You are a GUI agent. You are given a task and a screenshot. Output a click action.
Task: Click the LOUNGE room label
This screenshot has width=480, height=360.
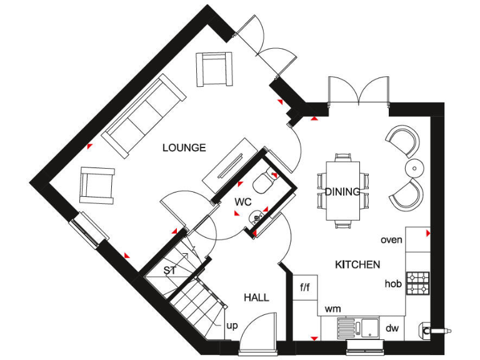(x=184, y=148)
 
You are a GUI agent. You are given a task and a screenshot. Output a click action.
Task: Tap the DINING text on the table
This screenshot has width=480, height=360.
(x=342, y=192)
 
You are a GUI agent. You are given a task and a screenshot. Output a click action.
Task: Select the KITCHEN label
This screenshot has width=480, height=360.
(x=357, y=264)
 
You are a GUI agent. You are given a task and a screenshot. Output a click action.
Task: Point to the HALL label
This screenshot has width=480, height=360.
(x=256, y=297)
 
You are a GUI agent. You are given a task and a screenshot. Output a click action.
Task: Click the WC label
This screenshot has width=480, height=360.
(x=243, y=202)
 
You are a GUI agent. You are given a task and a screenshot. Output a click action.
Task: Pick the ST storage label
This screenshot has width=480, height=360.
(x=169, y=271)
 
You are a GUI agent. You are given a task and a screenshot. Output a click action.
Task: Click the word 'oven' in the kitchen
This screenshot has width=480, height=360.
(x=391, y=240)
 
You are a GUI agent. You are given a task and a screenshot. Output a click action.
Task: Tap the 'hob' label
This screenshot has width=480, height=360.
(x=392, y=284)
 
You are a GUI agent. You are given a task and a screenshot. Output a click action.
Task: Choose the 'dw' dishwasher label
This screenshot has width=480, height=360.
(x=392, y=328)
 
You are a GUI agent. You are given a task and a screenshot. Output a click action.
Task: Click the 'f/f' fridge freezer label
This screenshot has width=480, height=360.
(x=306, y=288)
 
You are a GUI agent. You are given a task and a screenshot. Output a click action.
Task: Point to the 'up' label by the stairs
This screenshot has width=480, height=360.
(x=231, y=326)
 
